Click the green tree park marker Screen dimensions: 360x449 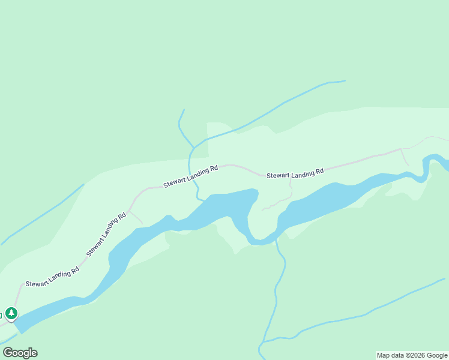click(x=11, y=313)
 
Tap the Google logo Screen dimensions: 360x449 click(x=20, y=353)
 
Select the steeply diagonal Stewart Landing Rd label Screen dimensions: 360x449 click(x=106, y=233)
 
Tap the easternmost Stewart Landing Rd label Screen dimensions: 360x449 click(x=295, y=174)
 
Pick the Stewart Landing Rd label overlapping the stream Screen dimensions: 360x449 click(x=190, y=178)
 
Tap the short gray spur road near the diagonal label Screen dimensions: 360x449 click(x=136, y=217)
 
